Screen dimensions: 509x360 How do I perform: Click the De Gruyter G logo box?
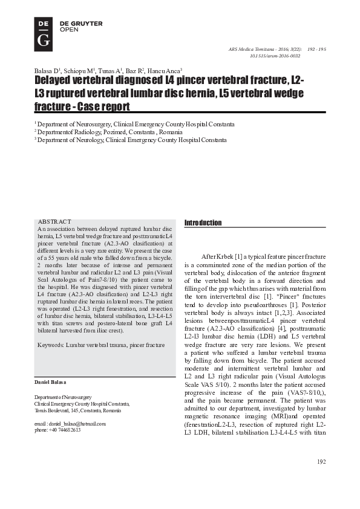[44, 33]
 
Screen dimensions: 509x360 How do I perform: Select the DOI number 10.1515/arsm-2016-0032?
[275, 56]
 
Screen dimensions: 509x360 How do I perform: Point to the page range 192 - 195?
[316, 48]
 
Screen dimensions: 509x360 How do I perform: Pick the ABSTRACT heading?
[54, 222]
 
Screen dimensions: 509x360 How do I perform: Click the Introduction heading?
[203, 223]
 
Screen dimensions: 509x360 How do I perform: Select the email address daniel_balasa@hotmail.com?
[78, 424]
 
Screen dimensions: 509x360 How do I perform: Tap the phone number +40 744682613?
[65, 430]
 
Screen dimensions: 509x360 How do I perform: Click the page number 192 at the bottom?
[321, 479]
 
